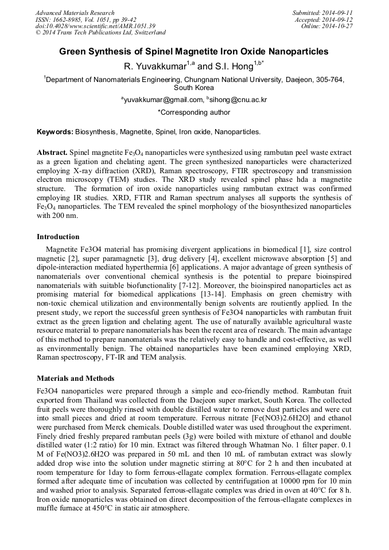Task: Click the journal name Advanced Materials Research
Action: tap(75, 13)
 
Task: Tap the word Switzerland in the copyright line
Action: tap(146, 33)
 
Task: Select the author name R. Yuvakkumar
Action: tap(154, 67)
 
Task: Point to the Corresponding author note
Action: tap(194, 113)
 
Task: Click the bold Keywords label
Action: tap(55, 132)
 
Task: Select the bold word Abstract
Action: tap(52, 154)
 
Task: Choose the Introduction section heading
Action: tap(58, 237)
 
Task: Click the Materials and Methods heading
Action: tap(75, 379)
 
